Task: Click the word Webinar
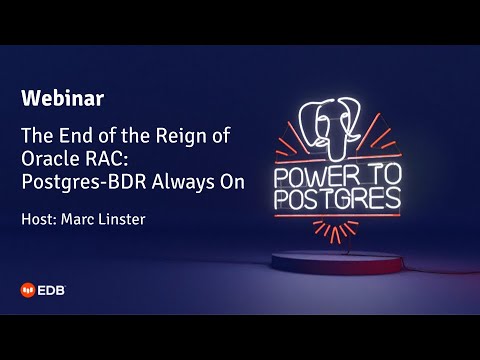[63, 98]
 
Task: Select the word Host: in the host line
[41, 218]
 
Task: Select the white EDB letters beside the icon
[54, 291]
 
